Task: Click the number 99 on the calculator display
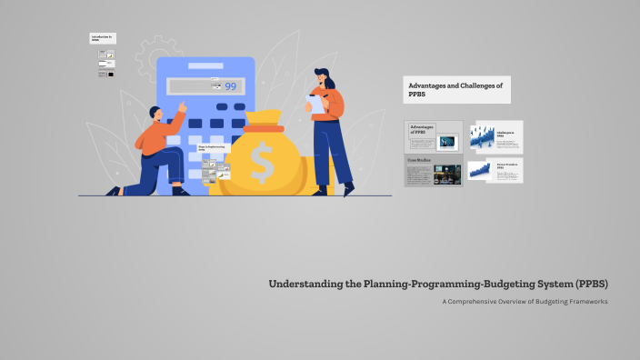pos(230,87)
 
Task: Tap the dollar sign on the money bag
pos(261,163)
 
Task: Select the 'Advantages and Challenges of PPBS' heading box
pos(456,89)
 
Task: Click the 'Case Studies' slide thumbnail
pos(434,170)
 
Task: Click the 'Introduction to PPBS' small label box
pos(102,38)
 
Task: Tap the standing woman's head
pos(323,77)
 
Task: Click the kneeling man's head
pos(155,114)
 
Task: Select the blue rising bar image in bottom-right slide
pos(478,170)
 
